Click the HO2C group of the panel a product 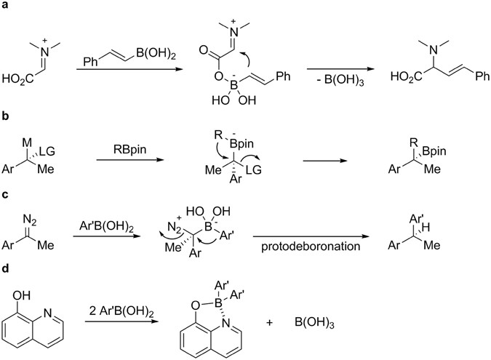coord(405,75)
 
